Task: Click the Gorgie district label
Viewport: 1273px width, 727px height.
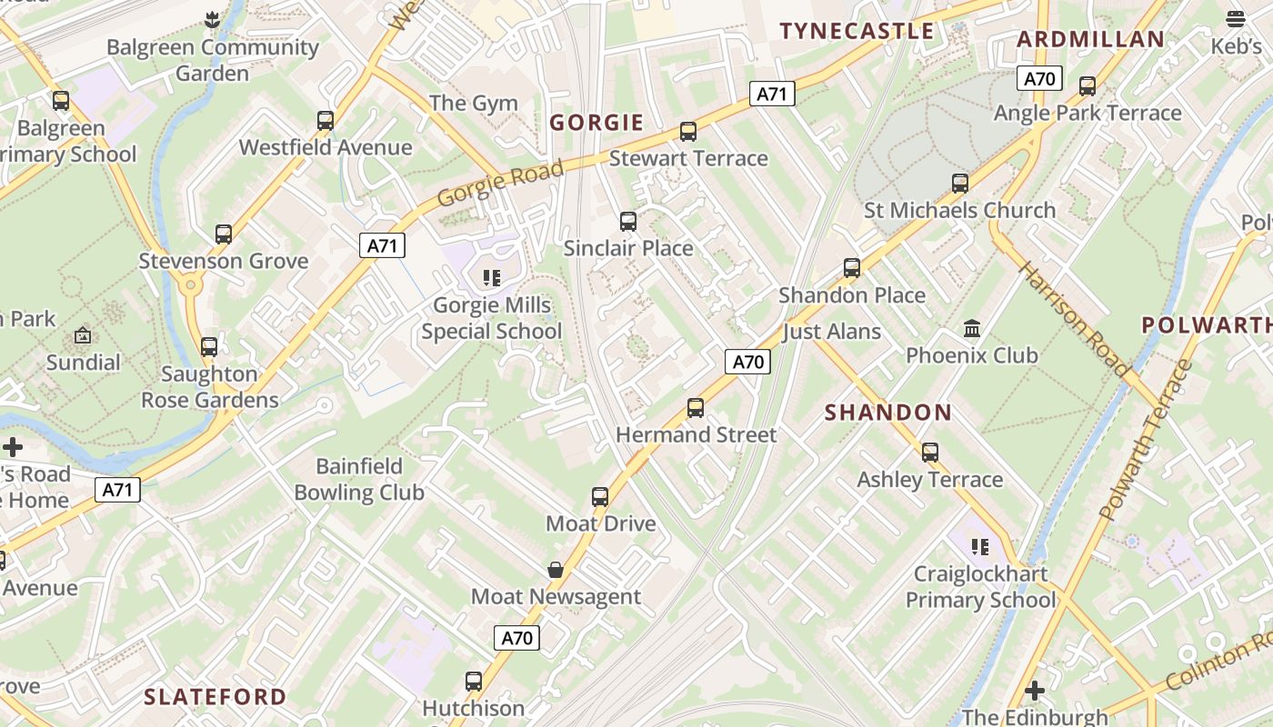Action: (596, 123)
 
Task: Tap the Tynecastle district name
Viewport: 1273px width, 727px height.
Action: (857, 31)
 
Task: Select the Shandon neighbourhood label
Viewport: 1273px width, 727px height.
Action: (887, 413)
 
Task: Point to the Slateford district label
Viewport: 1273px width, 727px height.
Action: (216, 697)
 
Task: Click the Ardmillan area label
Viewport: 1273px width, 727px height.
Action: (1090, 39)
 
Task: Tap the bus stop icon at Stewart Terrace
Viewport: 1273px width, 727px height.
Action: (688, 132)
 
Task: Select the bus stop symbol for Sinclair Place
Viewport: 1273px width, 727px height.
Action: (627, 222)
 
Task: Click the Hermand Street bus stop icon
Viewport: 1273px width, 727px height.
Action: (696, 408)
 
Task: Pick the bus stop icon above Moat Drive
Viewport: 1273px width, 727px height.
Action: (600, 497)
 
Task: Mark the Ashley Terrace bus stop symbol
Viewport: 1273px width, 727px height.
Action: (930, 453)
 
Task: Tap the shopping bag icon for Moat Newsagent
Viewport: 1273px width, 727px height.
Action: (556, 570)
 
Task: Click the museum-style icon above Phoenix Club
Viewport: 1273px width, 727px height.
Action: (972, 328)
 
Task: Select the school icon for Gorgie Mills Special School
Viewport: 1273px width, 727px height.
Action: (492, 277)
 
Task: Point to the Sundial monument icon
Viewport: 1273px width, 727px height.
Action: (83, 335)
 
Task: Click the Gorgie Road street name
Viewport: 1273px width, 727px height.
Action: (500, 183)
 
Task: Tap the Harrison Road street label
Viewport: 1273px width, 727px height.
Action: (1074, 318)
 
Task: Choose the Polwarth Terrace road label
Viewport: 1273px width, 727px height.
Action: (1144, 441)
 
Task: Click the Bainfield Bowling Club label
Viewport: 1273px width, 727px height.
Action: (359, 480)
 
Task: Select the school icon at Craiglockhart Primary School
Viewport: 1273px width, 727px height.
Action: (980, 546)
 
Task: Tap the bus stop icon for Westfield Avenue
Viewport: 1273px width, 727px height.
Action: (326, 120)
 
